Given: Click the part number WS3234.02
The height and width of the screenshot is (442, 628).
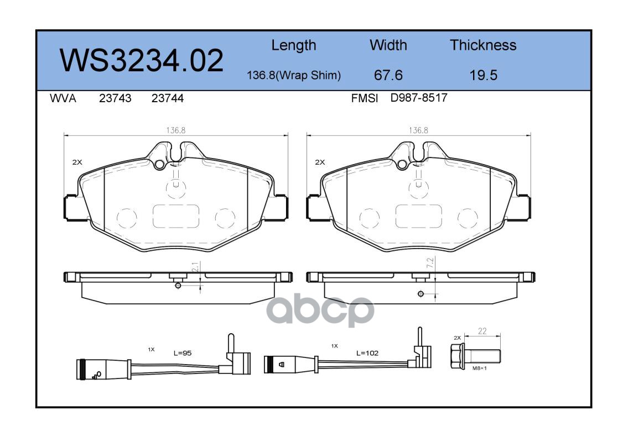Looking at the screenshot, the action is tap(142, 60).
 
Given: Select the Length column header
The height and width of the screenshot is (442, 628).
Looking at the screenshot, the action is tap(294, 45).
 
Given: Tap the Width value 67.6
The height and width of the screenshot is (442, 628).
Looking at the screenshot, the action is tap(388, 75).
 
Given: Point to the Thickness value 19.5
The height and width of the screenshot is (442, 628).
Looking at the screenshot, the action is tap(484, 75).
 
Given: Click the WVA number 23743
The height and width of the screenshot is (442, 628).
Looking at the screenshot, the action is tap(115, 98).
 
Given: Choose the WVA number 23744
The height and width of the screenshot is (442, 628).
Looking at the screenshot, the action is tap(168, 98).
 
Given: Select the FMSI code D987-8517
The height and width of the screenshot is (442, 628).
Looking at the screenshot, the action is tap(418, 98).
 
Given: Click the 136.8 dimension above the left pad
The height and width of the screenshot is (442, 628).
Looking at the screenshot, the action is tap(176, 130).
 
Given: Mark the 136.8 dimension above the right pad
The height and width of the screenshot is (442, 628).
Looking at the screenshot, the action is tap(418, 130).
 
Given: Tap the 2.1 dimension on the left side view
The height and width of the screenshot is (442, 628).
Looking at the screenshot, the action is tap(195, 267).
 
